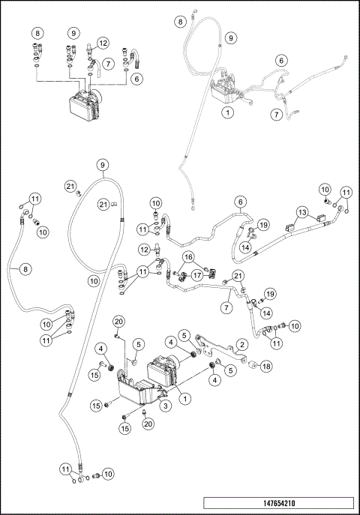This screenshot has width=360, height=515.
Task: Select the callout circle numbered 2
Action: pos(241,344)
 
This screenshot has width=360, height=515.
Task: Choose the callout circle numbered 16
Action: pos(188,257)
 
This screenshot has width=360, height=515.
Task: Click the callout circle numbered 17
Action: pos(198,274)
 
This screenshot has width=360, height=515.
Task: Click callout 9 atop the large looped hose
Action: pos(102,164)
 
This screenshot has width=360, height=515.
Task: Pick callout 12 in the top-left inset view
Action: pos(102,43)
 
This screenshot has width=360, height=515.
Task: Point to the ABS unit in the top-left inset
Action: pos(84,105)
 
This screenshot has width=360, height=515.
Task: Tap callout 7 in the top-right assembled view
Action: pos(277,115)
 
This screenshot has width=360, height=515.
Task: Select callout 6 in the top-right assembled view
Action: pos(280,60)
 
